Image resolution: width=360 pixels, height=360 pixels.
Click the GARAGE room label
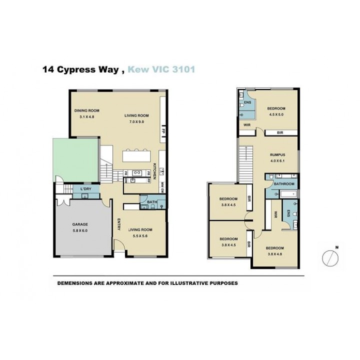80,224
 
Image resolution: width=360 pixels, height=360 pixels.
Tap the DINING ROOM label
87,110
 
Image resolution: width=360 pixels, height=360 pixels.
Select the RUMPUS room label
277,154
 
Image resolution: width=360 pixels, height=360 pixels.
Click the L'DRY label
85,189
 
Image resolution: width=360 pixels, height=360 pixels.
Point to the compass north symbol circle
330,258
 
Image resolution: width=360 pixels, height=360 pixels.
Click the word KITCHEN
154,171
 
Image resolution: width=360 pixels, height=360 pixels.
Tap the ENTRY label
119,224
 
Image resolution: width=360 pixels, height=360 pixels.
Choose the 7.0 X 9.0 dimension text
136,121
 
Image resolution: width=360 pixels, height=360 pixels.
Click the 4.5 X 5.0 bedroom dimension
276,114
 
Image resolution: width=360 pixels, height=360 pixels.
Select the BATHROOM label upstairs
284,184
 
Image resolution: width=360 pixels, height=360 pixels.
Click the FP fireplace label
163,131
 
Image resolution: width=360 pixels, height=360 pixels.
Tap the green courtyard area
76,160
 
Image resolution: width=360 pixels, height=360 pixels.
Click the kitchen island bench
136,156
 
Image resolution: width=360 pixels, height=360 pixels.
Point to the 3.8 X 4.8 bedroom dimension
275,254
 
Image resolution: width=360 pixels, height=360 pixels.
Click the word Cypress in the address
76,70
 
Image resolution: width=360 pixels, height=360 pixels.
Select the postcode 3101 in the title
183,69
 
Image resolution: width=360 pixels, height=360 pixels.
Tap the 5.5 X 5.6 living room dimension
140,236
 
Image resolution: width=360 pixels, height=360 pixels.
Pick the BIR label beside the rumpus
280,132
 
